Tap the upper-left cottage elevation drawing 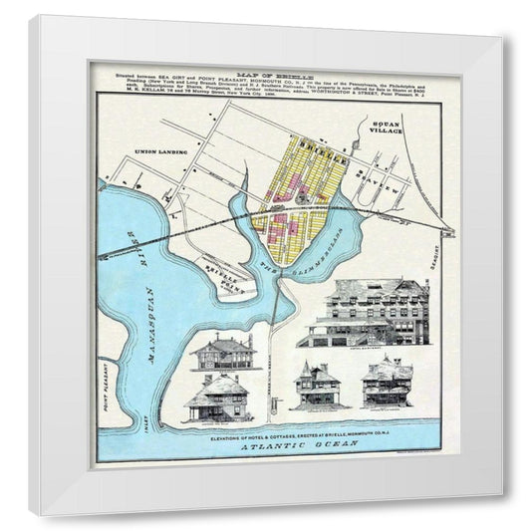[x=224, y=354]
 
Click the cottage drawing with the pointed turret [x=317, y=385]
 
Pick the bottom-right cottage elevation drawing [x=388, y=384]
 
